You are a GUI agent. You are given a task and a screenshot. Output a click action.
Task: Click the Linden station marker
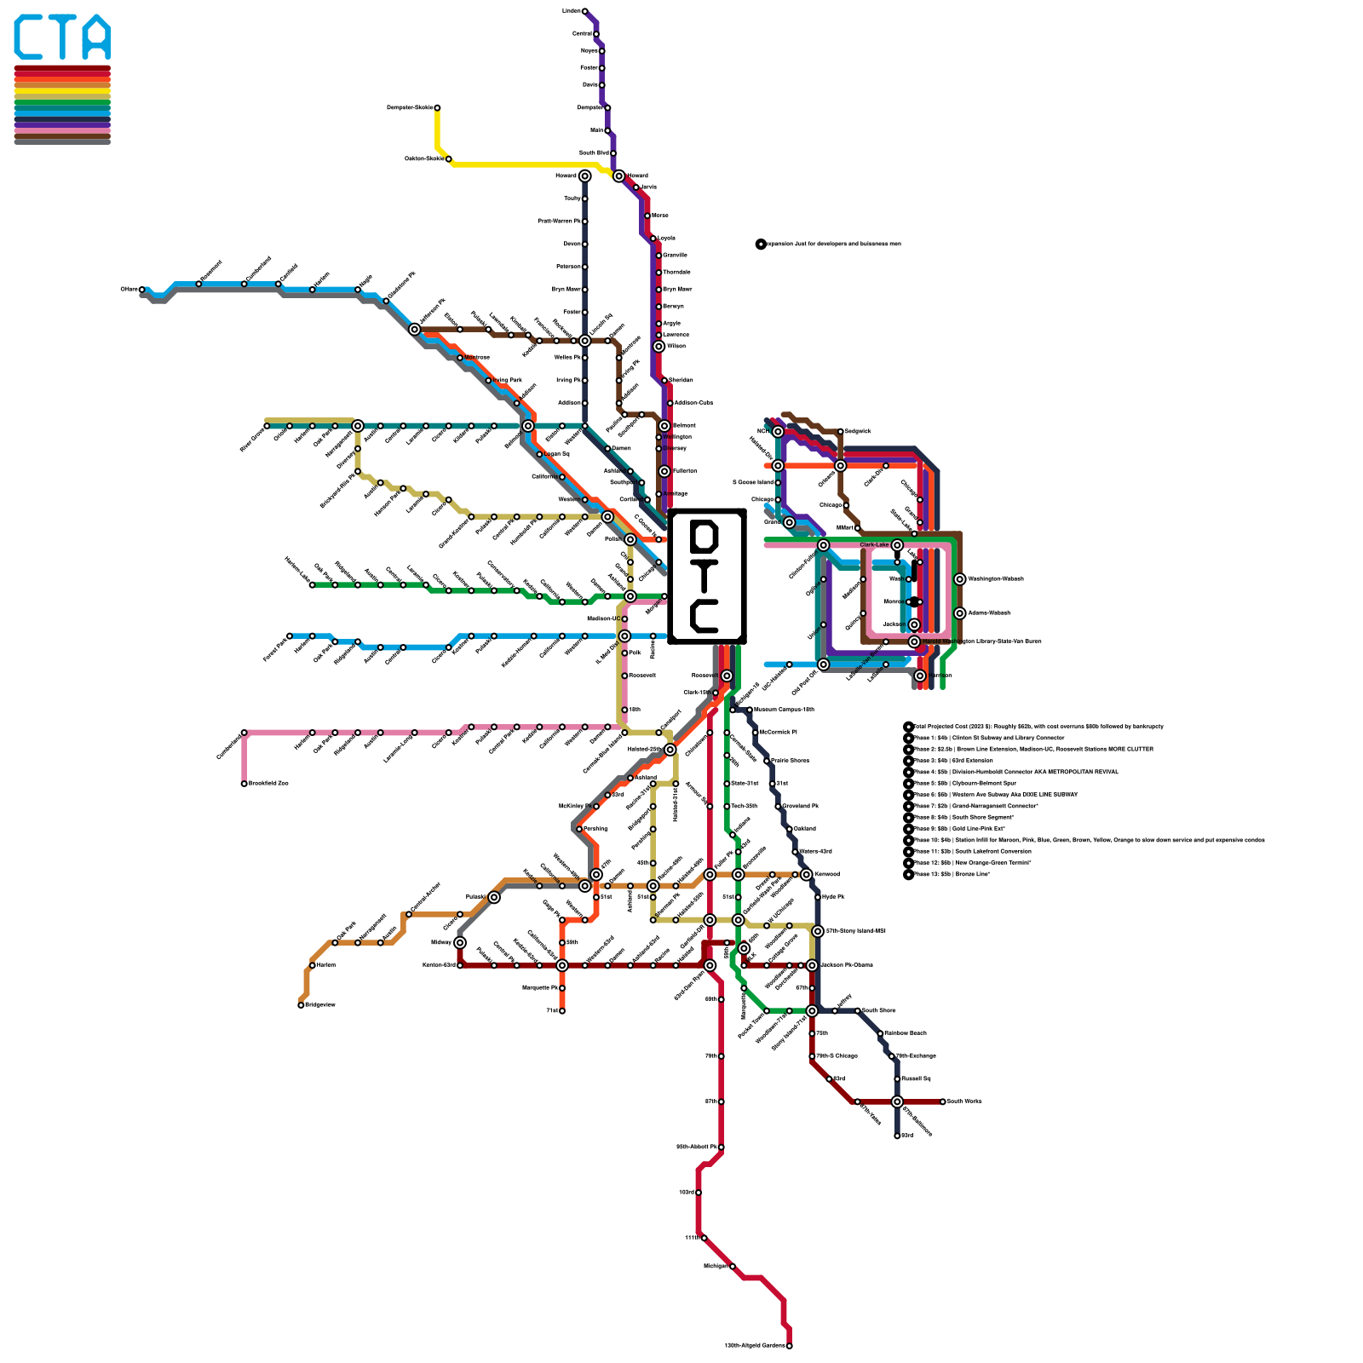[x=584, y=11]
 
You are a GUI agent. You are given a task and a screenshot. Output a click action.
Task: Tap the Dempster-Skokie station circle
[x=437, y=107]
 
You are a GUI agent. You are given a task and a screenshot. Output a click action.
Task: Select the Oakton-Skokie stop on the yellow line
[x=449, y=158]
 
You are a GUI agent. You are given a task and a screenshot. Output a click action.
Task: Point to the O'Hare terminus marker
[x=141, y=290]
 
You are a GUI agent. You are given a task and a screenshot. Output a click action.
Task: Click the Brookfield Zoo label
[x=268, y=783]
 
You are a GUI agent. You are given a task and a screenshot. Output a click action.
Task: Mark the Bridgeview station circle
[x=301, y=1005]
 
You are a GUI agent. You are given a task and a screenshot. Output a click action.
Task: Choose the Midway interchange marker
[x=460, y=942]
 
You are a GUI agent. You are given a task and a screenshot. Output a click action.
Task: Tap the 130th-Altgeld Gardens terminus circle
[x=790, y=1346]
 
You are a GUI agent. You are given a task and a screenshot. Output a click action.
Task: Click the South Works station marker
[x=943, y=1101]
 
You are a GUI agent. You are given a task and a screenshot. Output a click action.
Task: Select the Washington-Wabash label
[x=996, y=578]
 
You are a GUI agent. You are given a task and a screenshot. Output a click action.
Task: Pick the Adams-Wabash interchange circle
[x=960, y=613]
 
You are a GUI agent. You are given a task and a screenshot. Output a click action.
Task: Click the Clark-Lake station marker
[x=897, y=545]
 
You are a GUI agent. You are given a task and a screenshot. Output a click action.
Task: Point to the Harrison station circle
[x=920, y=676]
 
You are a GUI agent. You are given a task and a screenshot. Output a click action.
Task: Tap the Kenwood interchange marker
[x=807, y=874]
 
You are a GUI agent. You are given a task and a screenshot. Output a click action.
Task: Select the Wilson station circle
[x=658, y=347]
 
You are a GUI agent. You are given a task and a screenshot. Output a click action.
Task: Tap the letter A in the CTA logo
[x=94, y=38]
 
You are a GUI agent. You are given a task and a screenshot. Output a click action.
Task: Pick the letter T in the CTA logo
[x=62, y=38]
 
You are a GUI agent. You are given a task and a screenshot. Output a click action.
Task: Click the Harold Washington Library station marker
[x=914, y=641]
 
